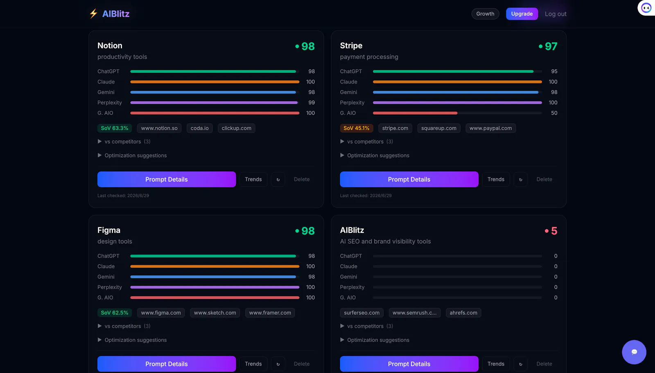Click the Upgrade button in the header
[x=522, y=14]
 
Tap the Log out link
[x=555, y=14]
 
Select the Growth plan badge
[x=485, y=14]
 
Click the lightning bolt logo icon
[x=93, y=14]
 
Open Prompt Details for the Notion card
[x=166, y=179]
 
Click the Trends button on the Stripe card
[x=496, y=179]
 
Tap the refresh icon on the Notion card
[x=278, y=179]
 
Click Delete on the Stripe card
[x=544, y=179]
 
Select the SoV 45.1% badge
[x=356, y=128]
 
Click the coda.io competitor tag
[x=199, y=128]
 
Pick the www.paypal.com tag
[x=490, y=128]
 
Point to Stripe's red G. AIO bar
[x=415, y=113]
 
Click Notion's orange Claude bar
[x=215, y=82]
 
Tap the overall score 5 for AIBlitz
[x=554, y=231]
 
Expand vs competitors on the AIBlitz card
[x=366, y=326]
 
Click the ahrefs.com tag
[x=463, y=313]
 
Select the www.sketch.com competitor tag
[x=215, y=313]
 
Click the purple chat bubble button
[x=634, y=352]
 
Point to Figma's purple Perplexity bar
[x=215, y=287]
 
